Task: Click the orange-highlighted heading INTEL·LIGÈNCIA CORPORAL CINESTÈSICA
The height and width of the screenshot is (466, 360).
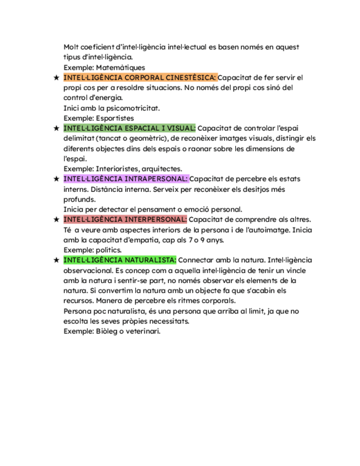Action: coord(140,77)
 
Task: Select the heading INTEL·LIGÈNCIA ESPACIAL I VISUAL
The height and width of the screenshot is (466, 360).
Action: coord(129,128)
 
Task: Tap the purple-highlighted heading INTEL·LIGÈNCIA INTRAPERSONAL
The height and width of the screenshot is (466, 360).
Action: coord(126,179)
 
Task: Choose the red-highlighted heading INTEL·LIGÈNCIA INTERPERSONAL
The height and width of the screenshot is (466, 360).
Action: coord(125,219)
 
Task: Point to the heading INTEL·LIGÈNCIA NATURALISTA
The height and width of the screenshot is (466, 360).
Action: coord(120,260)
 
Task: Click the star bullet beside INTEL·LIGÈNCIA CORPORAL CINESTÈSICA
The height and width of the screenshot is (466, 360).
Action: coord(56,77)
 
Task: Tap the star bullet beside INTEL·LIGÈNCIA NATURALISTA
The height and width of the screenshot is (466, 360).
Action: coord(56,260)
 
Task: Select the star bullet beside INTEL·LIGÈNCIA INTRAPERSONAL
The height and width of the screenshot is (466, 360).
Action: coord(56,179)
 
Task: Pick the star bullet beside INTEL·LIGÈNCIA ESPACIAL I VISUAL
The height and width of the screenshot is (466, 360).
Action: coord(56,128)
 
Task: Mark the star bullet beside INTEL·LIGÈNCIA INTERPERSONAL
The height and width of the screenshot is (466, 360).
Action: coord(56,219)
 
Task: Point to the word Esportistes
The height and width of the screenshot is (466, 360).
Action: coord(114,118)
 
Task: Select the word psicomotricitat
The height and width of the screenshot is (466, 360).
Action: coord(132,108)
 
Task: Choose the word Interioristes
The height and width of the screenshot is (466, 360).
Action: coord(115,169)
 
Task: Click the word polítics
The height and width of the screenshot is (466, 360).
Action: coord(109,250)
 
